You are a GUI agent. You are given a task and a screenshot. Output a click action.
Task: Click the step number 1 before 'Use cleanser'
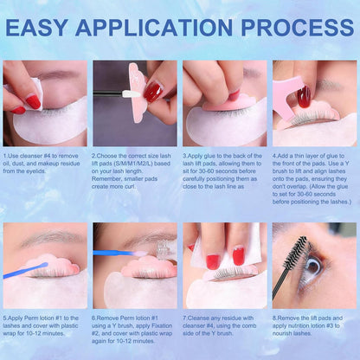5,156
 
